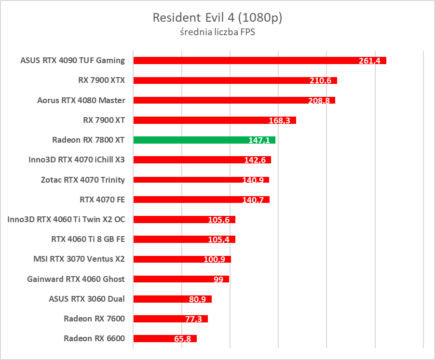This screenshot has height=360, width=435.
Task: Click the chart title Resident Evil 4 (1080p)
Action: (x=217, y=18)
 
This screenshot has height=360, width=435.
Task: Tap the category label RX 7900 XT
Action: (x=104, y=120)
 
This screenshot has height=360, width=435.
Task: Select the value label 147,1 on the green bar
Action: (x=259, y=140)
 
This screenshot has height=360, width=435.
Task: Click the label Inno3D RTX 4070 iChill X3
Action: (x=77, y=160)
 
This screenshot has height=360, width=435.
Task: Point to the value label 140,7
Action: (x=254, y=200)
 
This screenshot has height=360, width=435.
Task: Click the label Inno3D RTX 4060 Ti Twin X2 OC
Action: (x=66, y=219)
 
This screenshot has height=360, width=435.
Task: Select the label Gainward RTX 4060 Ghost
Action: (x=76, y=279)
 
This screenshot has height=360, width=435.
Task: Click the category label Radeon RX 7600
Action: (x=94, y=319)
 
